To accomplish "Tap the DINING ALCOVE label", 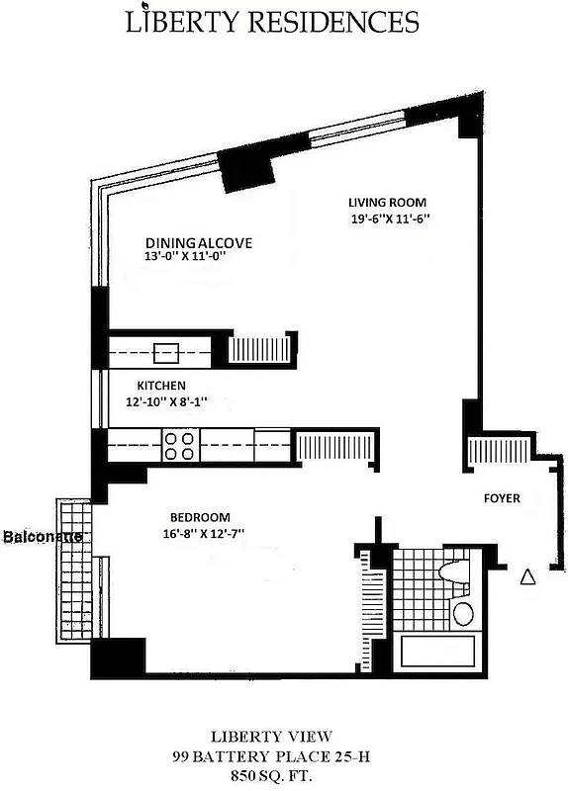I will (x=199, y=242).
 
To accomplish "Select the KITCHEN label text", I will (x=161, y=386).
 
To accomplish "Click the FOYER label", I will (x=501, y=498).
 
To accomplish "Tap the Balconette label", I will (x=41, y=537).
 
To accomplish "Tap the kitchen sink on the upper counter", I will (x=166, y=351).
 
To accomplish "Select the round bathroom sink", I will (x=463, y=612).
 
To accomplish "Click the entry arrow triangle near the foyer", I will (x=527, y=576).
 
